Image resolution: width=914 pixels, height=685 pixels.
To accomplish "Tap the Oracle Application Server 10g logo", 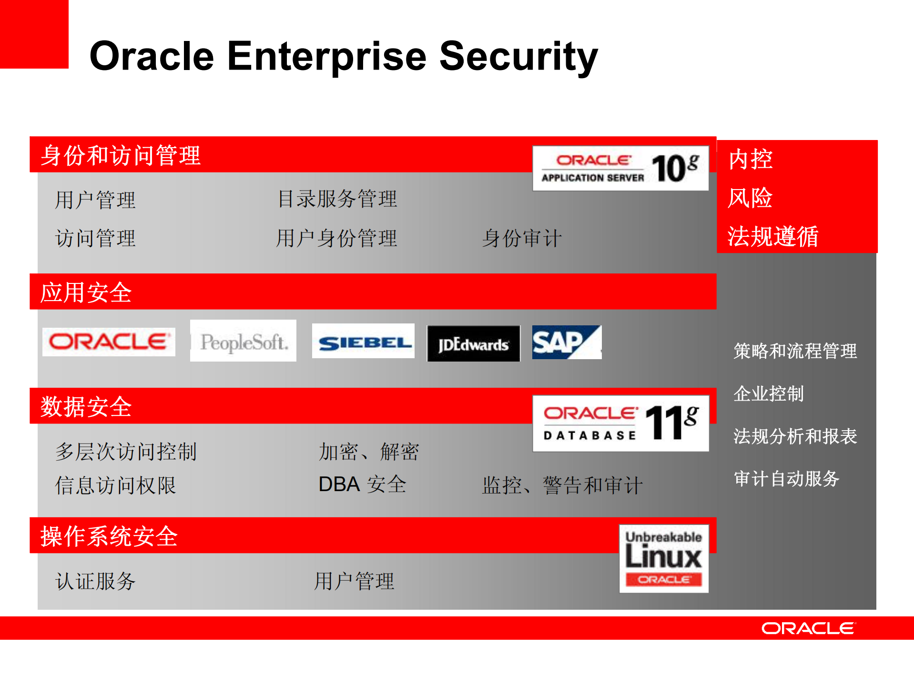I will pos(620,169).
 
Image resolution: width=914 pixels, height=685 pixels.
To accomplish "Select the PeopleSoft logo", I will pos(243,341).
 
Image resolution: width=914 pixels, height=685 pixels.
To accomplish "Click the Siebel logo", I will pos(363,342).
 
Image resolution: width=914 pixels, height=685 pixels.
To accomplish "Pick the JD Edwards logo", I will pos(473,344).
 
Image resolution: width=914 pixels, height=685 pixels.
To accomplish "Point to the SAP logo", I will pos(566,342).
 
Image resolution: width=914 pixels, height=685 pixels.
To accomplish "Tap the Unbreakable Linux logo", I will pos(663,558).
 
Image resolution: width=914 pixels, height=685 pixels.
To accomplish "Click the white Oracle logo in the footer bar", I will pos(808,628).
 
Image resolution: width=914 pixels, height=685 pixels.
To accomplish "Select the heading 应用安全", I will pos(86,292).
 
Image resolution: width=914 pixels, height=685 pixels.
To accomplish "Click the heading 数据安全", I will pos(86,407).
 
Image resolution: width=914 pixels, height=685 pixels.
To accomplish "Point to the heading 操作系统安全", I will pos(109,536).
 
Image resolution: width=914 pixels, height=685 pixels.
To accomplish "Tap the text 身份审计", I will pos(522,238).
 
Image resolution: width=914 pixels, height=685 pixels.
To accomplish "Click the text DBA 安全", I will pos(362,484).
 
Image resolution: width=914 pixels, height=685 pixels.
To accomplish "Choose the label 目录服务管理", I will pos(337,199).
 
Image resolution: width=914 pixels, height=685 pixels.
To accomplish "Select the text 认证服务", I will pos(95,581).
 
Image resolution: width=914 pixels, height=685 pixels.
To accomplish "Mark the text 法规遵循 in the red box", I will pos(772,236).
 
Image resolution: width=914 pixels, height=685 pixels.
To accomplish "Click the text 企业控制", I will pos(768,394).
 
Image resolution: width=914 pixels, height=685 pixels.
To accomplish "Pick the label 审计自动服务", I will pos(786,479).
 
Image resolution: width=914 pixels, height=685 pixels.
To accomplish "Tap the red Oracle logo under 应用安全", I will pos(109,342).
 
